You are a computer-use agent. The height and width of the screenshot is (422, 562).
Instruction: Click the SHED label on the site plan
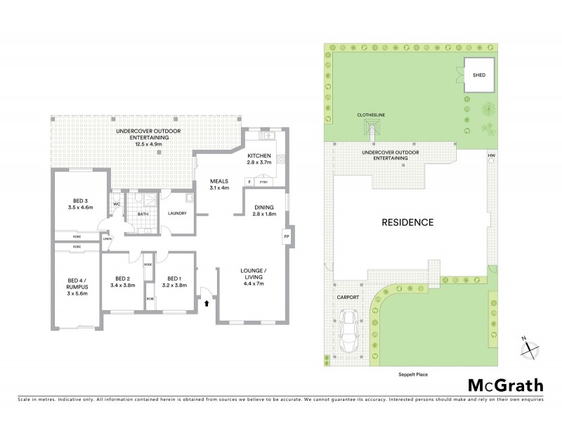point(478,74)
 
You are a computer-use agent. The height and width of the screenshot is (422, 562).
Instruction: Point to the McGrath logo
point(505,385)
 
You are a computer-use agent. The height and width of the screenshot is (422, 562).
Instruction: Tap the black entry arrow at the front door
point(207,305)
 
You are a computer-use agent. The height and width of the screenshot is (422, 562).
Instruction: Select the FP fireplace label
point(287,237)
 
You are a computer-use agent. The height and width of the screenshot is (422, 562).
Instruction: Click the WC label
point(116,205)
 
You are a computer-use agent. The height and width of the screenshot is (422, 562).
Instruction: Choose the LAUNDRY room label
point(176,214)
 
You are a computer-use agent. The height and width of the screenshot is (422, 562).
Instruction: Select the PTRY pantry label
point(263,181)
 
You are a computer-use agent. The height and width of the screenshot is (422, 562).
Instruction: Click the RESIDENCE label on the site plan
point(407,222)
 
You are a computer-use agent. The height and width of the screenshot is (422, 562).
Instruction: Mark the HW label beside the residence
point(491,155)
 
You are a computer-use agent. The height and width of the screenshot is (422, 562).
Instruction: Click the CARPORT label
point(348,298)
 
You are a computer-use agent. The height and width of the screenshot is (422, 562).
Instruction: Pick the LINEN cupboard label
point(107,239)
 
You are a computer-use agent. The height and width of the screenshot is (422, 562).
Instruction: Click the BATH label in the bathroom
point(143,214)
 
